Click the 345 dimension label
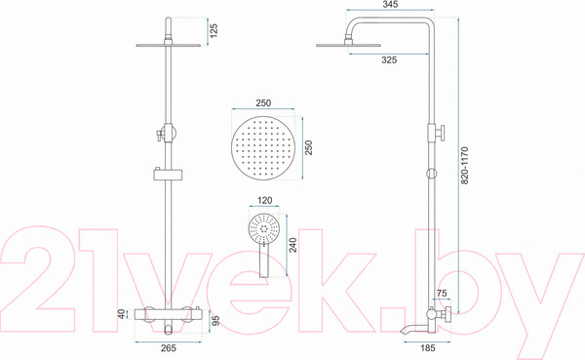click(x=390, y=4)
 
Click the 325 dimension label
click(x=389, y=60)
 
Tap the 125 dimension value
click(x=214, y=31)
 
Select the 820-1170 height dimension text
click(x=464, y=165)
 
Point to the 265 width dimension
click(x=169, y=348)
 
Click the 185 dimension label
click(x=428, y=348)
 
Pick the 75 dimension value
click(x=442, y=294)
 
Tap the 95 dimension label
click(x=215, y=320)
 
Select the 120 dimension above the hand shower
click(x=265, y=201)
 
